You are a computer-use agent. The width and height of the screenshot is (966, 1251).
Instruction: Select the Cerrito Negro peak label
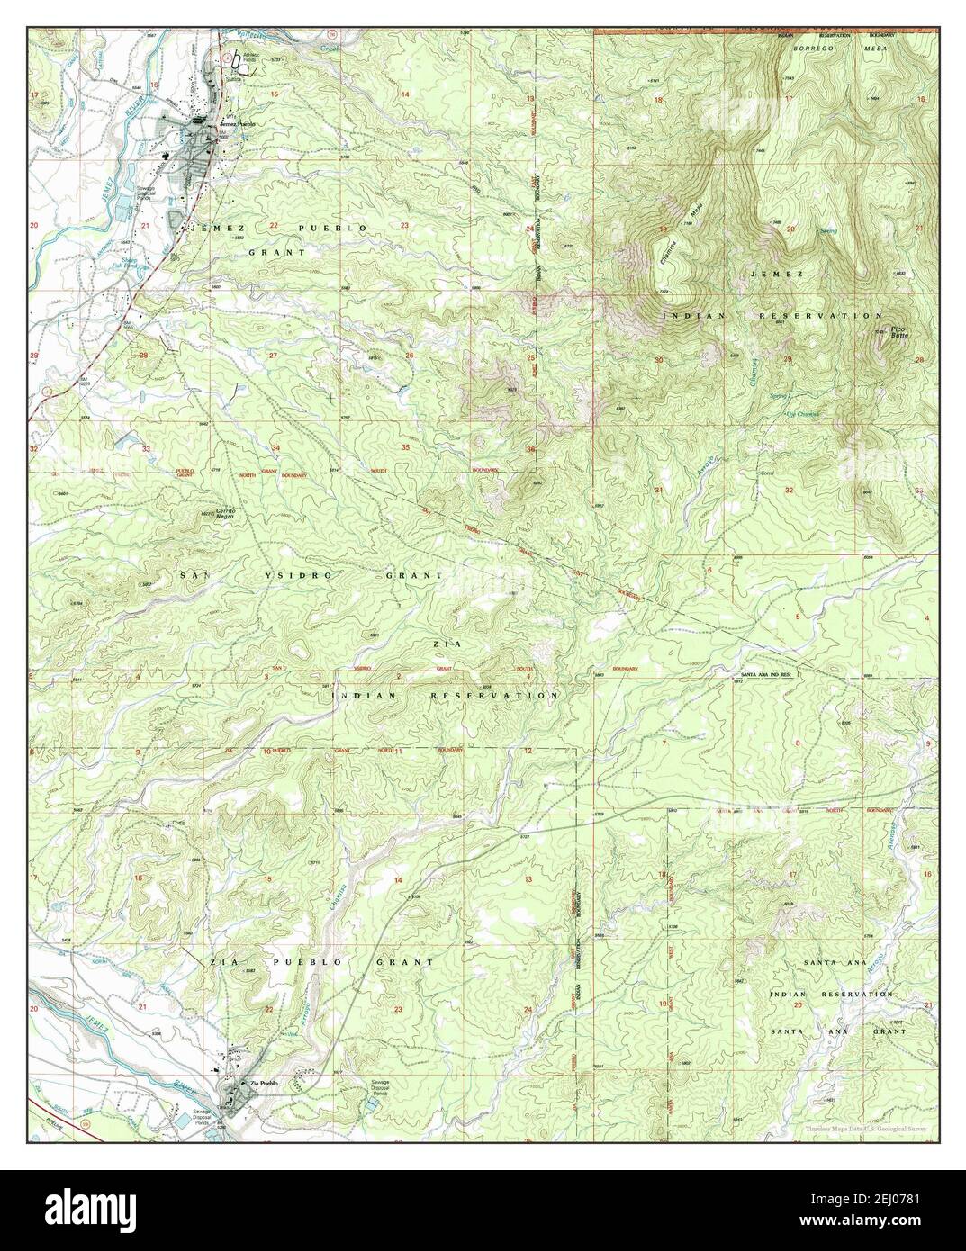pyautogui.click(x=224, y=514)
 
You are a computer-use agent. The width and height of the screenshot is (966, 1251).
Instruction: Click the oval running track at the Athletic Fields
pyautogui.click(x=237, y=62)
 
